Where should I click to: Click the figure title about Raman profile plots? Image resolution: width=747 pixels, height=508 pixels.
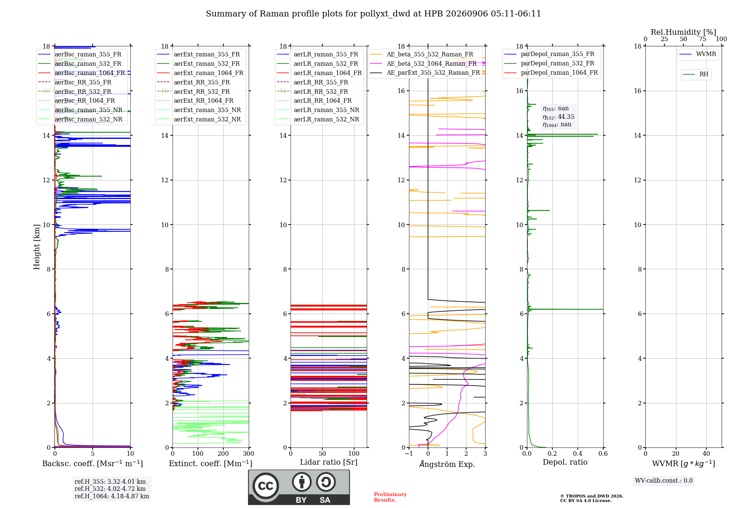373,14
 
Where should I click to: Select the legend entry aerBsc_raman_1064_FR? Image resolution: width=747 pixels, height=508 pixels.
90,73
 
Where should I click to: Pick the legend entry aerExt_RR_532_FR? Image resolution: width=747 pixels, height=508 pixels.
202,92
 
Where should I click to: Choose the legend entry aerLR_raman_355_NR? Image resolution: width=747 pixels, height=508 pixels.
326,110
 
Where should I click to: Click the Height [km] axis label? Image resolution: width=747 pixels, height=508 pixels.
37,247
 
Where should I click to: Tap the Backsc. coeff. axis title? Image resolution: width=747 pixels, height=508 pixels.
93,464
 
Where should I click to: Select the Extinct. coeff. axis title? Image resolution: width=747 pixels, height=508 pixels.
211,464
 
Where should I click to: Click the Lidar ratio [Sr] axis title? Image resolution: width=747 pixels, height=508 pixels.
329,462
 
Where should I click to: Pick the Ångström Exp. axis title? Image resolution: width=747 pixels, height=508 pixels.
447,464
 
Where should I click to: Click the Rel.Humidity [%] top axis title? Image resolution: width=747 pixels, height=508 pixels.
684,32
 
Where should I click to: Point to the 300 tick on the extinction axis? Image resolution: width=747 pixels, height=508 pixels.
249,453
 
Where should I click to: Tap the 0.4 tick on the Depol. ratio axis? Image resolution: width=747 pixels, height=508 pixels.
578,453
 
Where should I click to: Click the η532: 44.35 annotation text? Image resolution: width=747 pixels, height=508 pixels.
558,117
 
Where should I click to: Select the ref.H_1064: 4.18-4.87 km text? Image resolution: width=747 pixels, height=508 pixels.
112,496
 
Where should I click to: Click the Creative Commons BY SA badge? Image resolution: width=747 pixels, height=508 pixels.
299,487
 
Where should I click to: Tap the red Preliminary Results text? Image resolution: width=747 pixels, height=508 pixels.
390,497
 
